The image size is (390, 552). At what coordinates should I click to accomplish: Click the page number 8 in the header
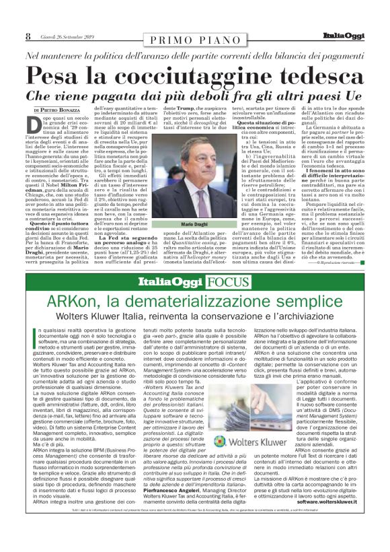(28, 37)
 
